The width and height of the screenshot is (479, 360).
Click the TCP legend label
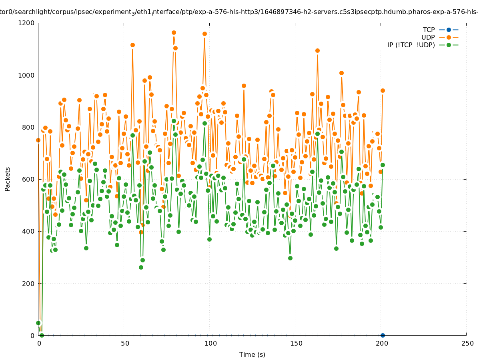(429, 30)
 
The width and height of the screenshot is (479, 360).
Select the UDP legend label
(428, 37)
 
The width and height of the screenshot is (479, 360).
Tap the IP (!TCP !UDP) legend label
(411, 45)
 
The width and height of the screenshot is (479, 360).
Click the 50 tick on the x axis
(125, 343)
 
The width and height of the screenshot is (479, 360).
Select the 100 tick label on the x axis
(210, 343)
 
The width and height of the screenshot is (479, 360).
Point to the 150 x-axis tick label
(296, 343)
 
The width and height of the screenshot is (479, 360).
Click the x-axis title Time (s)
(252, 354)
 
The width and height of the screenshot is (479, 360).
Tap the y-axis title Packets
(8, 179)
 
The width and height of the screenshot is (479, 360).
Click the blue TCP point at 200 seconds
(383, 335)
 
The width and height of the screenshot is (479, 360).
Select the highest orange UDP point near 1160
(174, 33)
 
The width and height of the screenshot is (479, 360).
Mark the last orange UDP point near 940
(383, 90)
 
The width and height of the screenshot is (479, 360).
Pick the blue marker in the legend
(449, 30)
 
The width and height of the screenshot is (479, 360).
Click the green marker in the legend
(449, 45)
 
